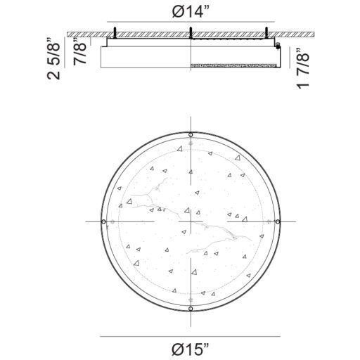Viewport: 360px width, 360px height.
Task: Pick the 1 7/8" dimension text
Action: pyautogui.click(x=302, y=70)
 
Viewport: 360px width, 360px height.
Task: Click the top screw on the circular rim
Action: pyautogui.click(x=191, y=134)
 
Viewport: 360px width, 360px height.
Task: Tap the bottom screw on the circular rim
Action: pyautogui.click(x=191, y=309)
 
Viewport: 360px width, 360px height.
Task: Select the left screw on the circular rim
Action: pyautogui.click(x=104, y=221)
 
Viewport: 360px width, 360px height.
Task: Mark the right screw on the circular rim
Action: pyautogui.click(x=278, y=221)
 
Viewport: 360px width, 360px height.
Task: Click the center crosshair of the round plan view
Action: pyautogui.click(x=191, y=221)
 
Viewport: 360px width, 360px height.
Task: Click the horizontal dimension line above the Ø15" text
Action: pyautogui.click(x=191, y=337)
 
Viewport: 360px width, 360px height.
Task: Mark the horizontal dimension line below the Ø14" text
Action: pyautogui.click(x=191, y=20)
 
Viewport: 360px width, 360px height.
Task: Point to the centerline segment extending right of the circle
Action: pyautogui.click(x=288, y=221)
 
